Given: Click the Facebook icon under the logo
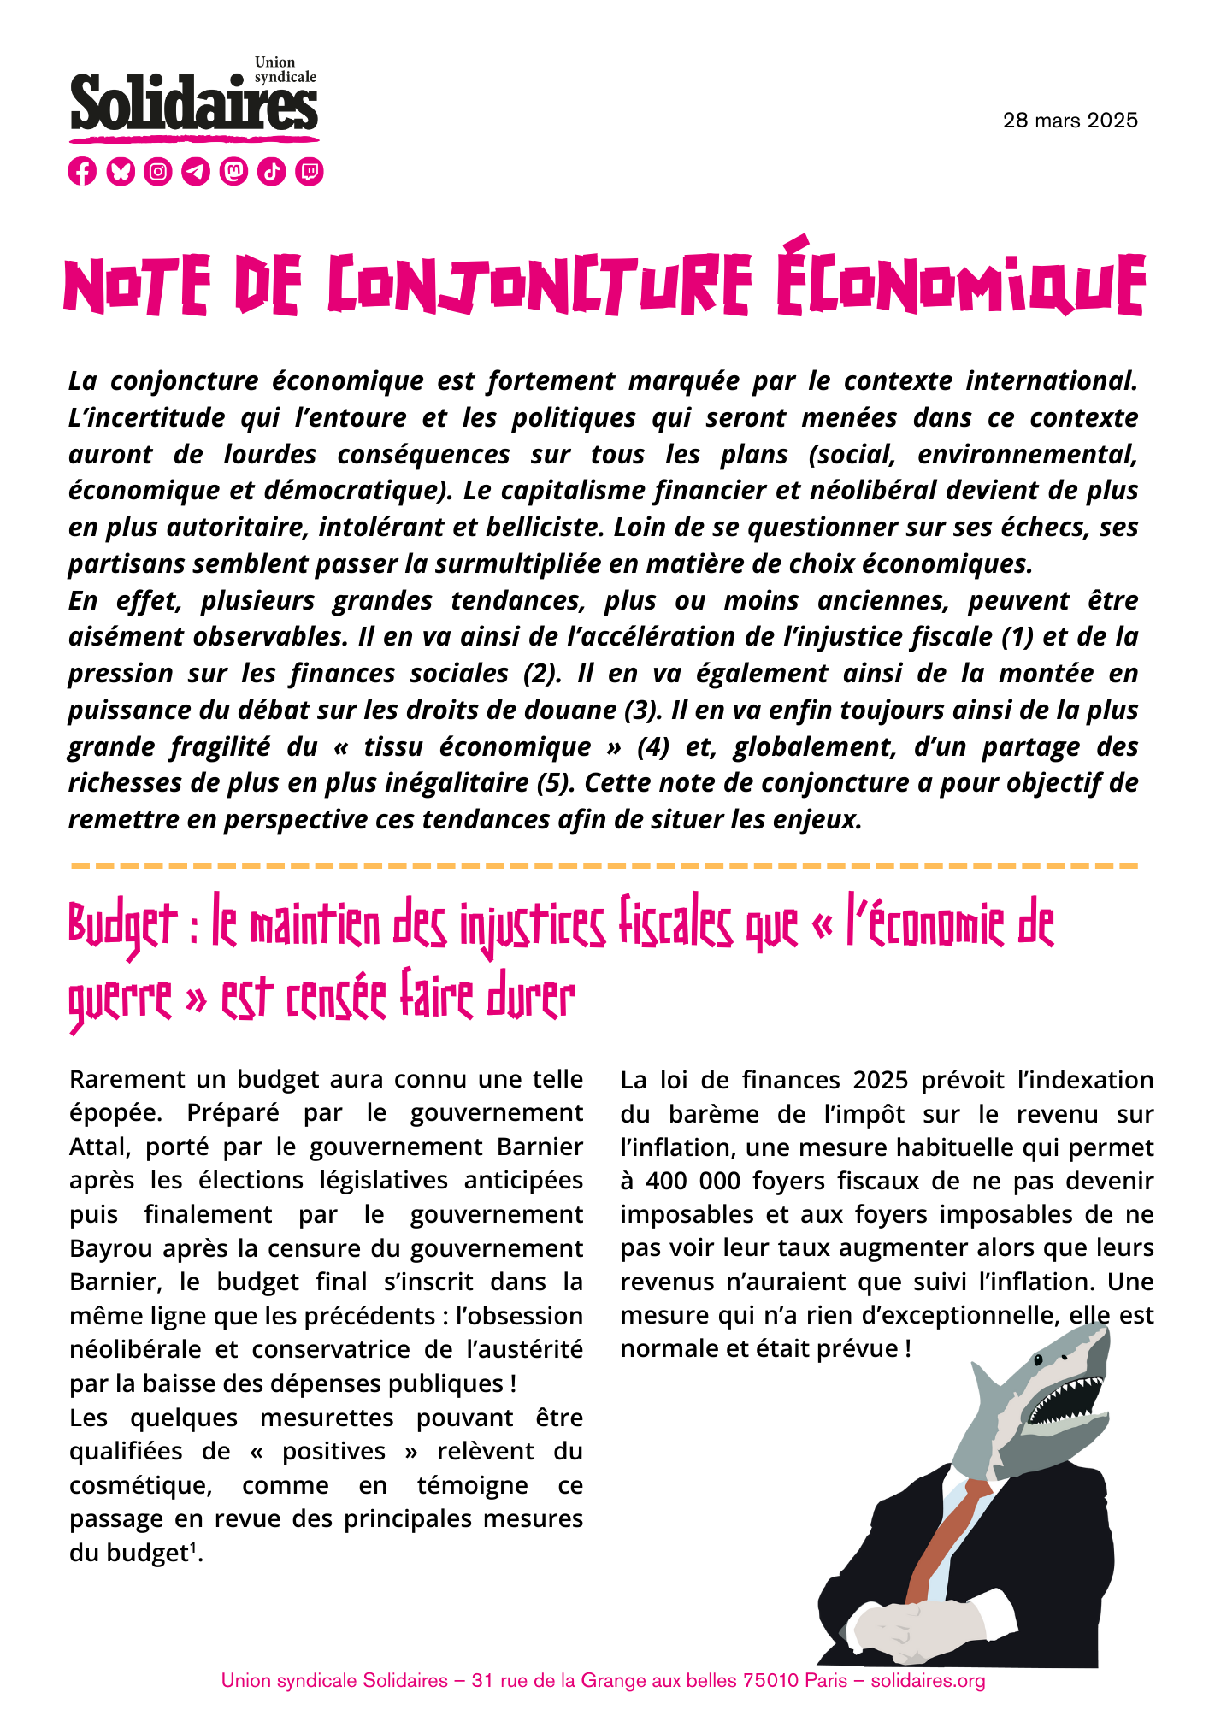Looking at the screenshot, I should click(x=82, y=171).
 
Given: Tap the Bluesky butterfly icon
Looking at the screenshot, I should click(x=121, y=171).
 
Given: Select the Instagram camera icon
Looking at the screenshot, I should click(x=158, y=171).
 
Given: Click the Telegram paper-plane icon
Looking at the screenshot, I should click(x=196, y=171).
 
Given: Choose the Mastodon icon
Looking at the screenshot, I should click(x=233, y=171).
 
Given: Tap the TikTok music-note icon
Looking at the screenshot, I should click(x=272, y=171).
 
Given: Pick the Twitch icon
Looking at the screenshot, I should click(x=310, y=171).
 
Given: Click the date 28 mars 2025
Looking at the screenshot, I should click(x=1070, y=121).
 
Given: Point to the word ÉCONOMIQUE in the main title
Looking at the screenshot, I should click(x=961, y=280).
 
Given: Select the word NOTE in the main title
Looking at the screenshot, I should click(x=137, y=286).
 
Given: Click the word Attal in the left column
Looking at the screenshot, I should click(x=98, y=1147).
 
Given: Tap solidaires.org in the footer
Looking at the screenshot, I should click(x=928, y=1681).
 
